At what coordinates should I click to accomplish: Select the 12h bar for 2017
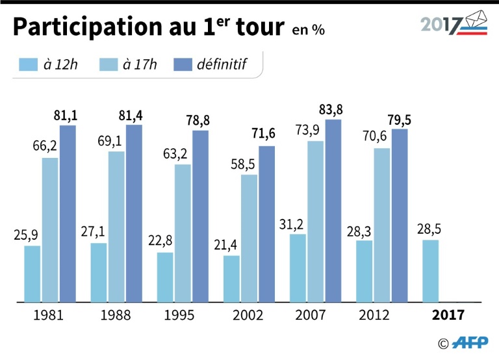click(x=431, y=271)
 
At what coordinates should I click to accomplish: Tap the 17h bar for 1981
click(x=50, y=229)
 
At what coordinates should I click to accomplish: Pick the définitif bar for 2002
click(x=266, y=224)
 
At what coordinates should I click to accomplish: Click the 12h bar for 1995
click(x=166, y=277)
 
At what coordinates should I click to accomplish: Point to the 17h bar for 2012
click(x=382, y=225)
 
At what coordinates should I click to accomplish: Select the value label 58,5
click(x=246, y=164)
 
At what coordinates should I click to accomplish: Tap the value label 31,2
click(x=294, y=224)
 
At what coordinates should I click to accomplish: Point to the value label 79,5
click(x=399, y=120)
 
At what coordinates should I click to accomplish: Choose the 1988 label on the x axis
click(x=116, y=315)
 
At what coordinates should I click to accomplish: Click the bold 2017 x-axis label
click(x=448, y=315)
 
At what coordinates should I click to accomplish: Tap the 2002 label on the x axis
click(x=248, y=315)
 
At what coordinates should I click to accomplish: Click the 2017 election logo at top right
click(x=452, y=24)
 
